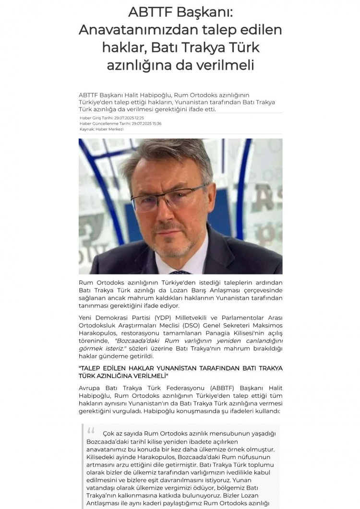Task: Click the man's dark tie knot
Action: [181, 272]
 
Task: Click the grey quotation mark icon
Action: [91, 430]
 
